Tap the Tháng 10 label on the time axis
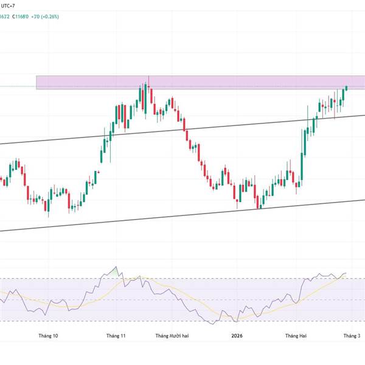[x=48, y=336]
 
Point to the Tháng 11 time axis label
[x=116, y=336]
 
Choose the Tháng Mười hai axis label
[x=173, y=336]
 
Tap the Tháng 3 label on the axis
[x=352, y=336]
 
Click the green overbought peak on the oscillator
[x=116, y=269]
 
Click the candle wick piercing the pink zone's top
[x=148, y=77]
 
